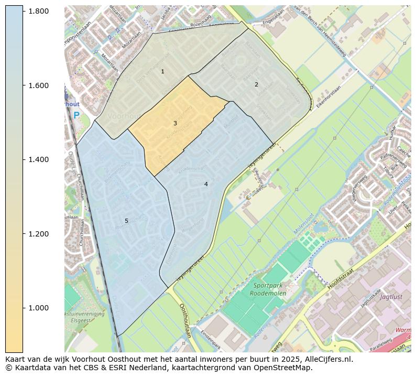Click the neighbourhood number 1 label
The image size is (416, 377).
click(x=162, y=71)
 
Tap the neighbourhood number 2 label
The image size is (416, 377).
click(x=256, y=84)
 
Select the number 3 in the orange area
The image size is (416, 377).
click(x=175, y=124)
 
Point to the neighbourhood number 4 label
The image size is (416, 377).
click(x=206, y=184)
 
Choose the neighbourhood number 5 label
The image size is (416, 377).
click(x=126, y=221)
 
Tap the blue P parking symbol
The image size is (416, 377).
click(x=76, y=115)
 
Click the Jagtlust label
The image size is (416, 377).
click(x=391, y=296)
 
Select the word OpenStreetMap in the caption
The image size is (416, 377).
click(x=284, y=368)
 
